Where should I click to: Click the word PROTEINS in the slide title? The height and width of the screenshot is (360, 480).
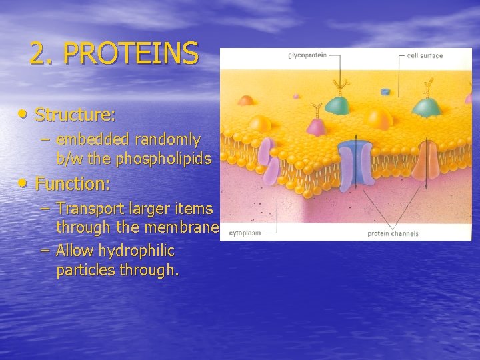click(x=131, y=53)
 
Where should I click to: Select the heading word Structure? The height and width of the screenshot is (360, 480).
click(x=75, y=115)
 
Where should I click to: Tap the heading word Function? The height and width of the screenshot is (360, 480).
click(x=73, y=183)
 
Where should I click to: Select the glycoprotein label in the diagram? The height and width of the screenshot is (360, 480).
click(x=307, y=55)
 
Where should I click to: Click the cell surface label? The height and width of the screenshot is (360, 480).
click(x=425, y=55)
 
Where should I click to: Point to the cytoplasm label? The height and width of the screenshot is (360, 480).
click(x=245, y=233)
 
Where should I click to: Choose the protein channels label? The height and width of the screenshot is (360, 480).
click(x=393, y=233)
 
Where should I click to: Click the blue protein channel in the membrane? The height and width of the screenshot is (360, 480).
click(x=355, y=163)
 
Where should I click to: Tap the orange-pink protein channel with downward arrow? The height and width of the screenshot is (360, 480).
click(x=424, y=163)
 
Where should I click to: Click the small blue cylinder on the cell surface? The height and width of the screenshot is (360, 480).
click(x=385, y=91)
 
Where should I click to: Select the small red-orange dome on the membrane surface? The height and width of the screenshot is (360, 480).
click(x=247, y=101)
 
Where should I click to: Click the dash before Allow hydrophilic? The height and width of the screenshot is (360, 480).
click(x=45, y=251)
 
